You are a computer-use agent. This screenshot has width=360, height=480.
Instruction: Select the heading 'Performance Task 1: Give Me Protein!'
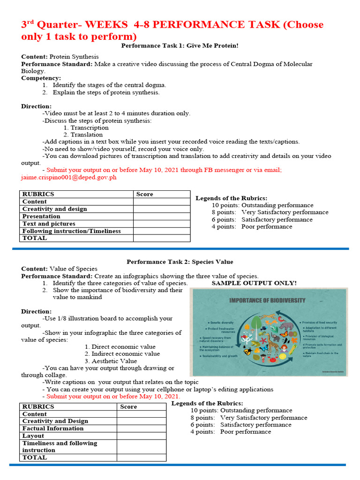(180, 45)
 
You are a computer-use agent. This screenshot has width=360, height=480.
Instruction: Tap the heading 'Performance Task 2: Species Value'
(180, 262)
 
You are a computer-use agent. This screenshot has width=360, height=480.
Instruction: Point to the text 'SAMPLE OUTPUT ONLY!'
(254, 283)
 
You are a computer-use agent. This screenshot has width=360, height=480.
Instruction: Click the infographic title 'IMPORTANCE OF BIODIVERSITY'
(267, 300)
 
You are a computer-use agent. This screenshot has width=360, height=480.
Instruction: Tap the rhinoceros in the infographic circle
(286, 325)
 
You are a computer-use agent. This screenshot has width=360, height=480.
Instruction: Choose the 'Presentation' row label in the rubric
(41, 217)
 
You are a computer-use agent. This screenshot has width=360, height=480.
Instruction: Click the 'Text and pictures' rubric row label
(49, 224)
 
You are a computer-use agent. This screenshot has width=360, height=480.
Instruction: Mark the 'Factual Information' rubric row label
(53, 428)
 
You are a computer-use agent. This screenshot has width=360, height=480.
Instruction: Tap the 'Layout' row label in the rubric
(33, 436)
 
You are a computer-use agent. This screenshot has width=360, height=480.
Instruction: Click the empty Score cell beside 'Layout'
(141, 436)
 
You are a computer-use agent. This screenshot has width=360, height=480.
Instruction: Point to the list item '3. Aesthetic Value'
(111, 361)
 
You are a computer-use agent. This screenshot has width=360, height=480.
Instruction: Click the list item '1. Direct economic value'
(120, 347)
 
